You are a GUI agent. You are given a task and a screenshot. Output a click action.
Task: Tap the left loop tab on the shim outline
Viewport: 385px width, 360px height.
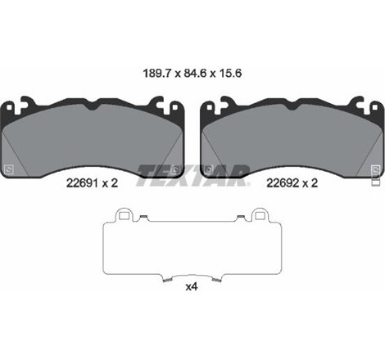pyautogui.click(x=125, y=215)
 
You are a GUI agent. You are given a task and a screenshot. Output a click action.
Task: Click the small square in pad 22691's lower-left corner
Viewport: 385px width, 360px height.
pyautogui.click(x=10, y=169)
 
